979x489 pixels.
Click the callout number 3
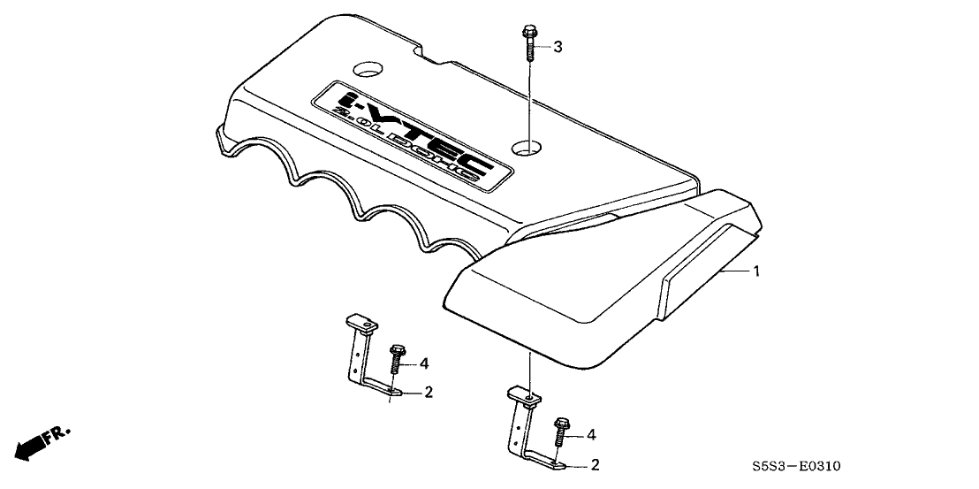558,46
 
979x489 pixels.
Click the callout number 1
756,271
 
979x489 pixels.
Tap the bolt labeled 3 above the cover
529,42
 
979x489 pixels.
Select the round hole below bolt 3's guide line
526,149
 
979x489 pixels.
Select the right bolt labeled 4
559,432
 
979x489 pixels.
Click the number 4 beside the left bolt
425,363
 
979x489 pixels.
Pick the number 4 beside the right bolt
590,436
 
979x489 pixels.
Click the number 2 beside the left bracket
429,393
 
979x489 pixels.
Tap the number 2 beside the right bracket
595,464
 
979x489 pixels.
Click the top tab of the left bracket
361,324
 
